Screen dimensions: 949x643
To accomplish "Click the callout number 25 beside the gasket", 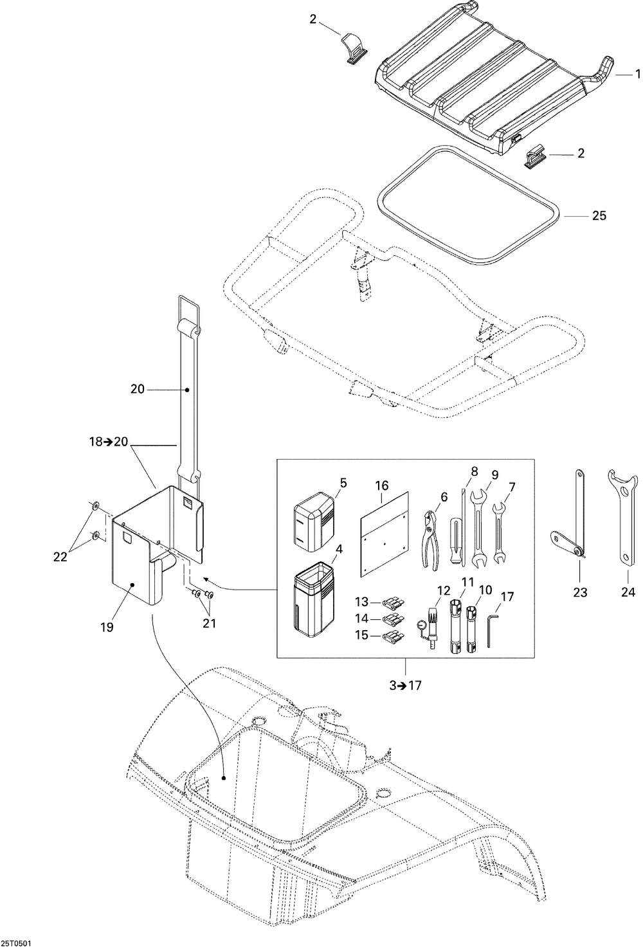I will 599,216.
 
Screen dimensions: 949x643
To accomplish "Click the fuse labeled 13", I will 392,602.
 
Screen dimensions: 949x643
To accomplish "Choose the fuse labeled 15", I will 392,638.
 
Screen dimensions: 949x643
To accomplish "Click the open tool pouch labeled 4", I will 314,596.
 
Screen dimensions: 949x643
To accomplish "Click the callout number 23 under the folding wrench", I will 580,592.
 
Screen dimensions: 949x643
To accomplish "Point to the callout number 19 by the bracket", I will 107,626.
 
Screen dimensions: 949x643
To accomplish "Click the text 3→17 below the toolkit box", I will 405,685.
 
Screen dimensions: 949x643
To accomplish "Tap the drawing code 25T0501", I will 17,944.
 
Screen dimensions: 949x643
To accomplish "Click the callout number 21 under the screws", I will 210,622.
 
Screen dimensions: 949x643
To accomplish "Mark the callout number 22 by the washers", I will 60,557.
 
